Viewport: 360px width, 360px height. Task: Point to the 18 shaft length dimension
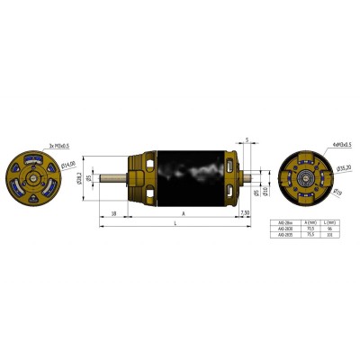(112, 212)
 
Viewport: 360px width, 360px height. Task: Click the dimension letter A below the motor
(184, 215)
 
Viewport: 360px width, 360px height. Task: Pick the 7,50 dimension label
(246, 212)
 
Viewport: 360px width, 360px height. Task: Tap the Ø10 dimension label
(265, 192)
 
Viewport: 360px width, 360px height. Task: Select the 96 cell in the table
(331, 231)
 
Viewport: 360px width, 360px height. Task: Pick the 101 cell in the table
(331, 238)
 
